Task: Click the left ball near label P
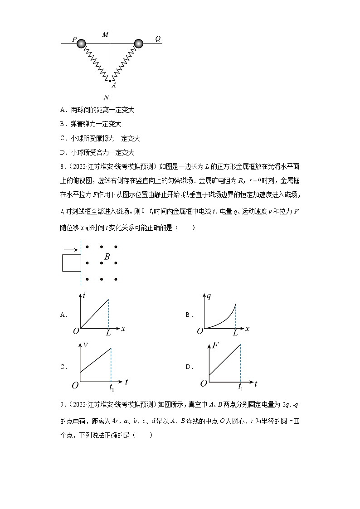81,44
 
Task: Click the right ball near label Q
139,44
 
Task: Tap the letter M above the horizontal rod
105,35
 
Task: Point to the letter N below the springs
106,97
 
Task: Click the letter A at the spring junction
114,85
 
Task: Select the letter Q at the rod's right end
157,39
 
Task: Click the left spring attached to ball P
96,62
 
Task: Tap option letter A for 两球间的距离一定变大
63,110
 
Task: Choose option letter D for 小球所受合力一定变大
63,153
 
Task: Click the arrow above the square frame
70,249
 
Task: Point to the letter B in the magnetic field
107,257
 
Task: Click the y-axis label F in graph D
215,346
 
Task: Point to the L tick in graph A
108,333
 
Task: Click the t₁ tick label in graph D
240,388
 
